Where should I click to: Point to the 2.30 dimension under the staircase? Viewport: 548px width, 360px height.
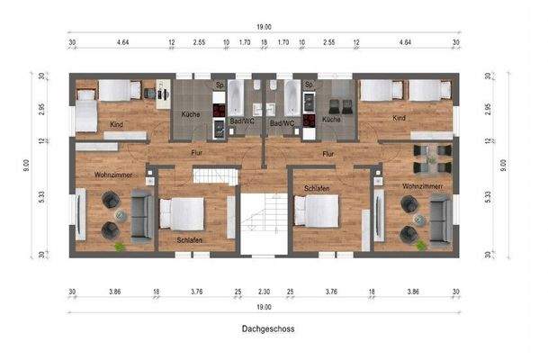coord(263,292)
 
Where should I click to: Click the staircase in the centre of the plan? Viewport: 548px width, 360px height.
coord(263,220)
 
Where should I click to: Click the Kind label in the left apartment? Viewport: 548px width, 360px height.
coord(118,124)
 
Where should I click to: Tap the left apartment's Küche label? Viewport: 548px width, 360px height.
coord(190,114)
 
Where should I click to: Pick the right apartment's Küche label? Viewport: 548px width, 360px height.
coord(331,119)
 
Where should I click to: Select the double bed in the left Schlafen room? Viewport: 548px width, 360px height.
coord(183,214)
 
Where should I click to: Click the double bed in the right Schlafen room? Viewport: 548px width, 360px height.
coord(318,211)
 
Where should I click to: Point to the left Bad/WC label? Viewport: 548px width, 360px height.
coord(242,122)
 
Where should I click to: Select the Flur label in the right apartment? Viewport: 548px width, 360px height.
coord(329,153)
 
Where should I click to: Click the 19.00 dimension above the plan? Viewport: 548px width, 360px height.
coord(263,27)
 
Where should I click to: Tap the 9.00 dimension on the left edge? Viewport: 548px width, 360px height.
coord(26,165)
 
